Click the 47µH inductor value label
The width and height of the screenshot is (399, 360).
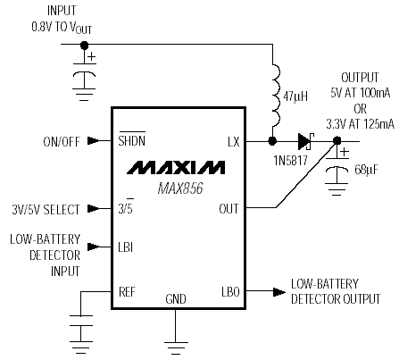click(295, 96)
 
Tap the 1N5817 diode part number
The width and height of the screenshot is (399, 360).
click(290, 161)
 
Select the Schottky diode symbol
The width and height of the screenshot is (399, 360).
click(306, 141)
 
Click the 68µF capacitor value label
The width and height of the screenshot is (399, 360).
click(367, 170)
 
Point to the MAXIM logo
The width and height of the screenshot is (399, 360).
click(176, 167)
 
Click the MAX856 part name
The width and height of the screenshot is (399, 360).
click(180, 188)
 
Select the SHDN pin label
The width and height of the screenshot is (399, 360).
click(132, 140)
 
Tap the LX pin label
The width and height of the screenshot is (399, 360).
click(234, 142)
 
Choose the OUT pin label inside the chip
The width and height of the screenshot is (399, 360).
click(229, 209)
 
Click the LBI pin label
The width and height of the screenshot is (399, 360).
click(126, 247)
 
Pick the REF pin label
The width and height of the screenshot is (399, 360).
click(127, 291)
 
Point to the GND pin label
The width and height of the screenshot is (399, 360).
click(176, 299)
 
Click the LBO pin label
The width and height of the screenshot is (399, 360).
click(230, 292)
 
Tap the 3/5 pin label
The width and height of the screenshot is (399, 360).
click(126, 207)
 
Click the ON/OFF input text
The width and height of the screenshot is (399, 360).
click(62, 142)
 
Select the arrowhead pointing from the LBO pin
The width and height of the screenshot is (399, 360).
click(279, 292)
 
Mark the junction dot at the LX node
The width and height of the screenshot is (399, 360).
click(272, 141)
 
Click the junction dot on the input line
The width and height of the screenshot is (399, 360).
click(85, 46)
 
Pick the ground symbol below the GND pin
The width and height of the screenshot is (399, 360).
click(176, 348)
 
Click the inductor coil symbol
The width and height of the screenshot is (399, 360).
click(276, 96)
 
